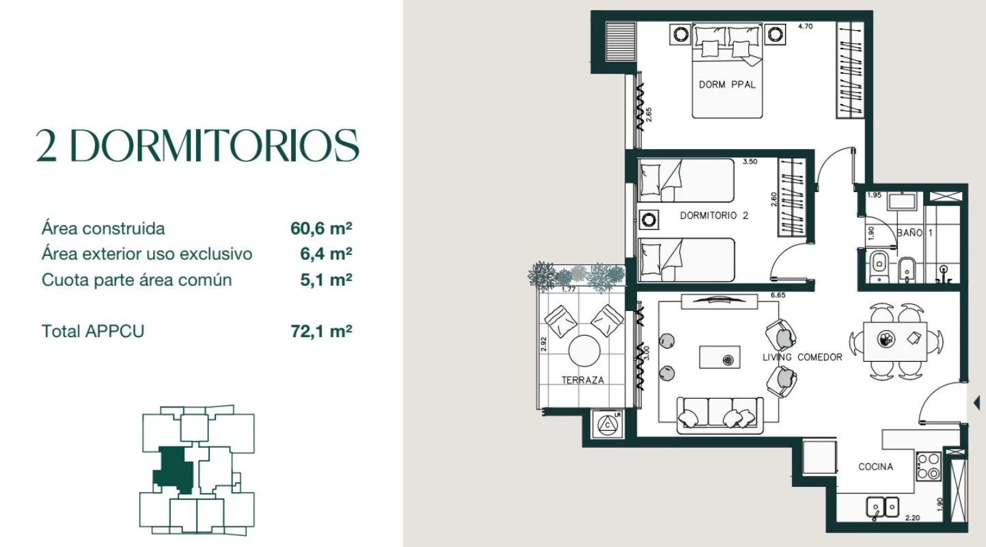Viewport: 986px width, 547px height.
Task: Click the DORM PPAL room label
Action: coord(727,85)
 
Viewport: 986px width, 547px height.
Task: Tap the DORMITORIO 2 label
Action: coord(714,215)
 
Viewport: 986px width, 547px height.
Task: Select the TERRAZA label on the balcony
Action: coord(583,380)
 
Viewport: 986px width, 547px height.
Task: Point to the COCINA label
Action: coord(875,466)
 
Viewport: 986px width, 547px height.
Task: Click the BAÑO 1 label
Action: coord(915,232)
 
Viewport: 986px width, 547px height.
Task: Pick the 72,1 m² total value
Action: coord(321,331)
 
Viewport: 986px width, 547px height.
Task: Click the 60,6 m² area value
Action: coord(321,228)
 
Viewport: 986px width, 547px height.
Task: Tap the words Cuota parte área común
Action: coord(137,280)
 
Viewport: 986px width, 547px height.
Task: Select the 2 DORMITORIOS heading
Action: coord(197,146)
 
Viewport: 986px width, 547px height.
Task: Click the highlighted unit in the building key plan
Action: coord(174,469)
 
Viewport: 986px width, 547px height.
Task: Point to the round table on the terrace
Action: coord(584,351)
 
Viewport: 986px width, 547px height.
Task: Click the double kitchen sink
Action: coord(883,507)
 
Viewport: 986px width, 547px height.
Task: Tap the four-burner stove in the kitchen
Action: coord(929,466)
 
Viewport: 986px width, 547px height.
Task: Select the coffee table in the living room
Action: coord(720,357)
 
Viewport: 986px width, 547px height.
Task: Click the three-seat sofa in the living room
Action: coord(720,415)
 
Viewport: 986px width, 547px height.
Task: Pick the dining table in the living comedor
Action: coord(895,342)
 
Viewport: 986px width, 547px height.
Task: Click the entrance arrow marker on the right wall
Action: coord(976,403)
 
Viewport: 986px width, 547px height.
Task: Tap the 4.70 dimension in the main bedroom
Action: coord(806,27)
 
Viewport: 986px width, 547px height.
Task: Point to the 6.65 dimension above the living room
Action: coord(778,295)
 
